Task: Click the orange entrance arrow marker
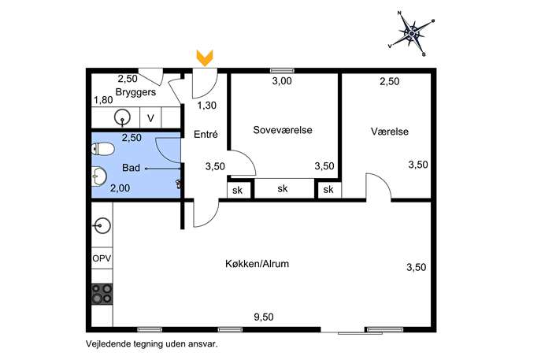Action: (x=205, y=58)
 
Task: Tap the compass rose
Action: (x=412, y=34)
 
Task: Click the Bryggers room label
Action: (x=135, y=92)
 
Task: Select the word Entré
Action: (x=206, y=134)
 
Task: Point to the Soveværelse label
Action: (x=283, y=130)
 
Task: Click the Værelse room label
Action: (x=390, y=132)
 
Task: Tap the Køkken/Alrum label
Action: (x=257, y=264)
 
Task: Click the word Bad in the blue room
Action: (x=131, y=168)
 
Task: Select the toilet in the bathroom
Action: (x=103, y=149)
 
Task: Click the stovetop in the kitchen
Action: (x=102, y=294)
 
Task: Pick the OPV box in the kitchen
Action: (x=102, y=258)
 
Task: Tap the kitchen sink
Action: (x=102, y=226)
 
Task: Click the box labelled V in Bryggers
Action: (x=150, y=118)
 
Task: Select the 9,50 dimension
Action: (x=264, y=317)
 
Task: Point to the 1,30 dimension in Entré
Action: (x=207, y=106)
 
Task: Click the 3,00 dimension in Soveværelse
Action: (x=282, y=81)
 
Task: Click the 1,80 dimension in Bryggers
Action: (x=103, y=100)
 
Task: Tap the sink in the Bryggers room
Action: (x=122, y=117)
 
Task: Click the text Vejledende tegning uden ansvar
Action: (x=152, y=344)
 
